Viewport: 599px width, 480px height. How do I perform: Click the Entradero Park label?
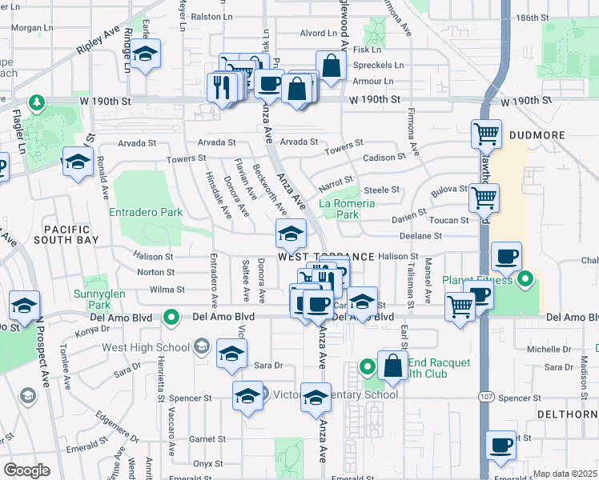145,213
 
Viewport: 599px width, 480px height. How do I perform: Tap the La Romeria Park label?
347,209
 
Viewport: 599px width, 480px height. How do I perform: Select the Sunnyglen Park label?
99,300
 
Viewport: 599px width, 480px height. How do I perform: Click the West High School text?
145,346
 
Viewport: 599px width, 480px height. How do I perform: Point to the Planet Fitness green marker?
525,280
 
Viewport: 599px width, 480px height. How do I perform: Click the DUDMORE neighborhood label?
537,136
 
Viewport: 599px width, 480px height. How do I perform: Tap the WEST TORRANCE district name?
326,257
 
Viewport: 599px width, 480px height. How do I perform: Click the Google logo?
26,470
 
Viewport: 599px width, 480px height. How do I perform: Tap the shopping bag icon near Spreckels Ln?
330,67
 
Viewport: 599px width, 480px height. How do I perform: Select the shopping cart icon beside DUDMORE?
485,135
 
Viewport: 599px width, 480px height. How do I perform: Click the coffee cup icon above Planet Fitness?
506,256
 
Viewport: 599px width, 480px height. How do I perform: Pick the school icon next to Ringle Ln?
144,54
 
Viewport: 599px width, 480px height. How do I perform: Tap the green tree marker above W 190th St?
36,102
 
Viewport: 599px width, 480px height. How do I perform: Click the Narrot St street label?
336,180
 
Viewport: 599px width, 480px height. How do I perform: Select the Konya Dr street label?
91,331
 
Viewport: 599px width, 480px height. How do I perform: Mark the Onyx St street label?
207,463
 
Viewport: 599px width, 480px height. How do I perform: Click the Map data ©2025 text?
565,474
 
